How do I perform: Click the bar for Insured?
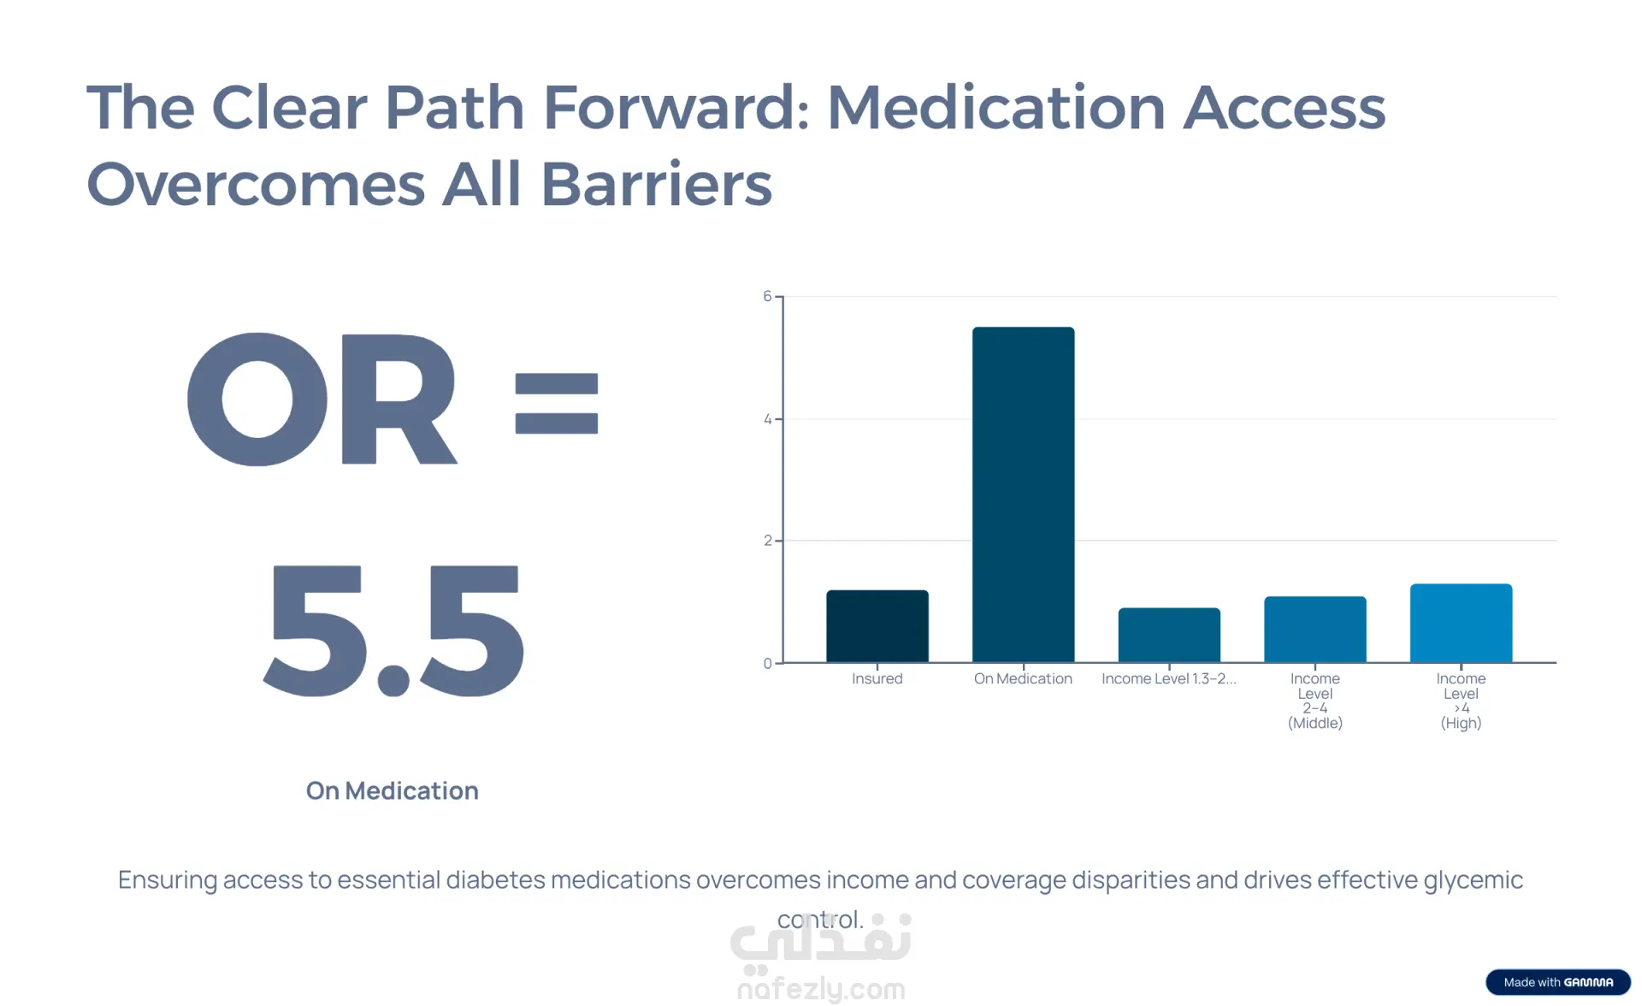coord(877,626)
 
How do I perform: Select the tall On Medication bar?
coord(1023,494)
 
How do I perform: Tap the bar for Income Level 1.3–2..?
coord(1168,636)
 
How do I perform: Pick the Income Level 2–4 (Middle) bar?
coord(1314,630)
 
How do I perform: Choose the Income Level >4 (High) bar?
coord(1461,624)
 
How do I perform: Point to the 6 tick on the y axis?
coord(767,297)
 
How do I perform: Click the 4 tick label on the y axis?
coord(767,419)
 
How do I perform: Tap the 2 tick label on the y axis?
coord(767,541)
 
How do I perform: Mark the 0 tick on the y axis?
coord(767,663)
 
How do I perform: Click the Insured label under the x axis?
coord(877,679)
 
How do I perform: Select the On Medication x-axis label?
coord(1023,679)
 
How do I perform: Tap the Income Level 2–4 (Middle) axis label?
coord(1314,701)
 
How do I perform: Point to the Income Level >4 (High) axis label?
coord(1461,701)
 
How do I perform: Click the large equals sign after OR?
coord(556,404)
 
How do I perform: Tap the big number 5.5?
coord(393,631)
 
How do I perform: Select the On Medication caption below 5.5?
coord(393,791)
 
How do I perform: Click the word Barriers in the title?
coord(656,185)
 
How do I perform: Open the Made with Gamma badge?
coord(1557,982)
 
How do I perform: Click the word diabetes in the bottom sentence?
coord(495,880)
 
